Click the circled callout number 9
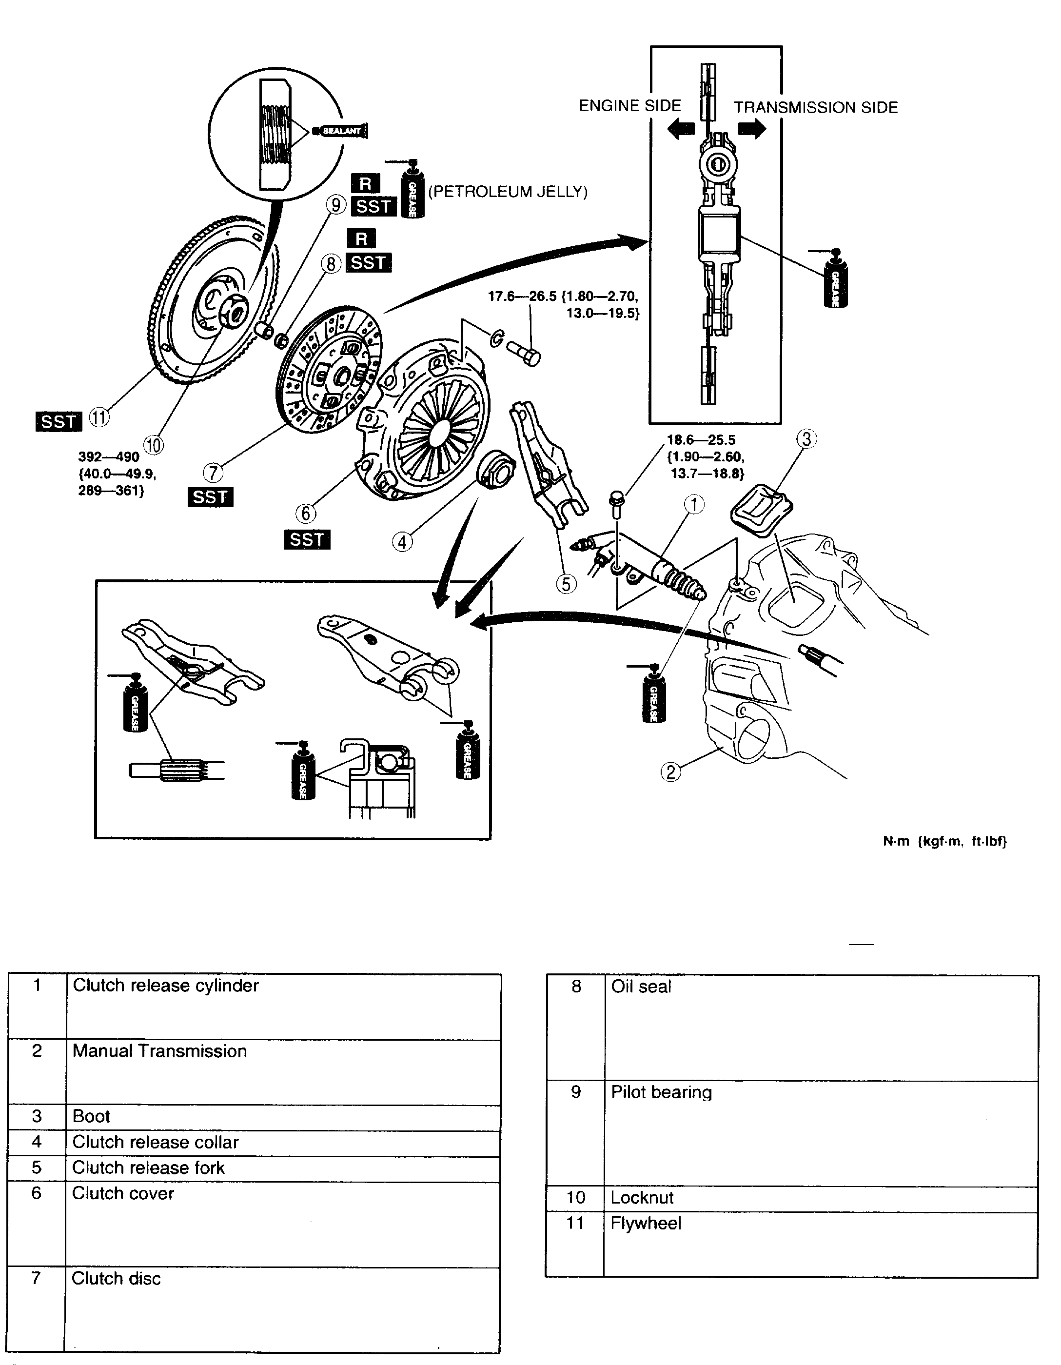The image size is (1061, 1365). [336, 204]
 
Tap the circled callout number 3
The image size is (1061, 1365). [806, 439]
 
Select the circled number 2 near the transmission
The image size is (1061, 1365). [670, 772]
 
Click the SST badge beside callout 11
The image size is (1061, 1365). [58, 422]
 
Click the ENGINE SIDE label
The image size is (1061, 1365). [629, 106]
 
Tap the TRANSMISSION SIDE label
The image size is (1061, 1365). [815, 107]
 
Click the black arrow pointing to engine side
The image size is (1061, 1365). [681, 129]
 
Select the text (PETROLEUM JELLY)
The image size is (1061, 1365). [508, 192]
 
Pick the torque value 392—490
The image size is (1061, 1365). [109, 457]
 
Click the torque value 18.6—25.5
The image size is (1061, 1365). [701, 440]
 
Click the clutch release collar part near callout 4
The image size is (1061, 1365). [497, 468]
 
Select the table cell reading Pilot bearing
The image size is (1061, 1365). [661, 1092]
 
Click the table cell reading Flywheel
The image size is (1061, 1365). [646, 1223]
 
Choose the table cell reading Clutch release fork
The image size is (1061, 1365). [148, 1167]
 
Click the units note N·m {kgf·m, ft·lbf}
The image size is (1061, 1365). [944, 841]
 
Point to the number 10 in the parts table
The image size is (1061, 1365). [575, 1198]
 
